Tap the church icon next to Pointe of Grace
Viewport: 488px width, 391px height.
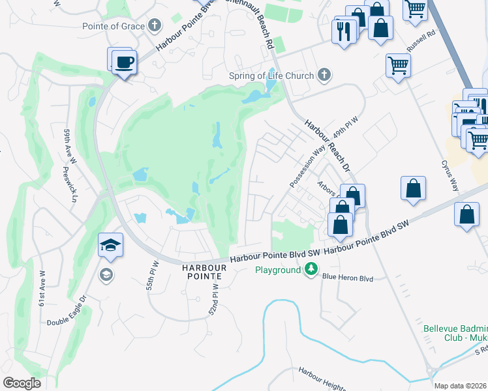pyautogui.click(x=154, y=26)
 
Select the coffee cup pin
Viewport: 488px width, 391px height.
pyautogui.click(x=123, y=62)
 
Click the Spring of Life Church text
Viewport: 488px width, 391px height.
pyautogui.click(x=271, y=76)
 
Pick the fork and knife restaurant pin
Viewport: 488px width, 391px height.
pyautogui.click(x=344, y=31)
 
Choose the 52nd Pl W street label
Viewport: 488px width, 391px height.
pyautogui.click(x=213, y=303)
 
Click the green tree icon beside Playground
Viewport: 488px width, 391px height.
pyautogui.click(x=312, y=268)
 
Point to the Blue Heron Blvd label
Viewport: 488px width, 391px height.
pyautogui.click(x=347, y=278)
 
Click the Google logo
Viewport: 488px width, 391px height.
pyautogui.click(x=22, y=383)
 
